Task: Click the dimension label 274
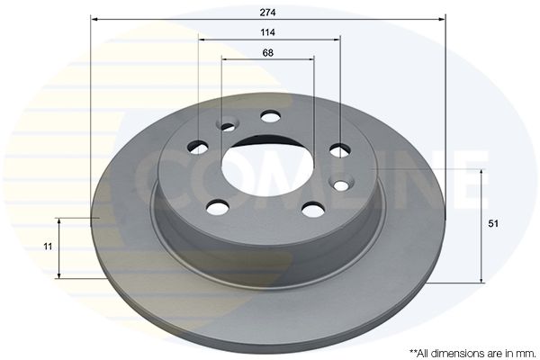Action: pos(267,13)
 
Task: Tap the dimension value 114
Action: pos(267,32)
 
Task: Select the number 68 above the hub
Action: pos(267,53)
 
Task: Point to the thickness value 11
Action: pos(48,247)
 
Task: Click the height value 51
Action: pos(493,223)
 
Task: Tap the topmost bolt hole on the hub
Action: pos(270,116)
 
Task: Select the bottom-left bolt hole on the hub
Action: pos(218,207)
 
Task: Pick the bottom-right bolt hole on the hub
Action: pos(313,210)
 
